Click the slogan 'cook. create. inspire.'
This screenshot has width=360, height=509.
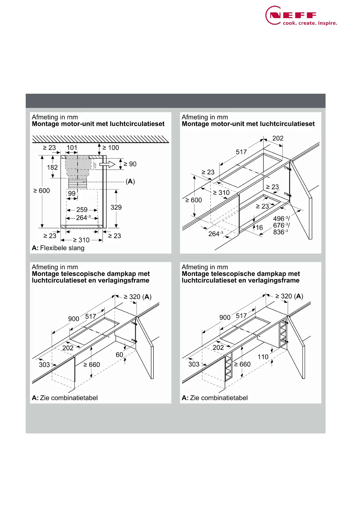pos(310,23)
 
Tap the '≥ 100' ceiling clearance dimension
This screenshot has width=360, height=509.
pos(111,148)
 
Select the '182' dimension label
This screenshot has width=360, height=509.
pos(52,167)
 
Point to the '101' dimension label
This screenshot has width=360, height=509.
pos(72,148)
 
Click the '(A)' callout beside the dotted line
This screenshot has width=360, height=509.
pos(130,181)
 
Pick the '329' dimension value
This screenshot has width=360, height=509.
pos(116,207)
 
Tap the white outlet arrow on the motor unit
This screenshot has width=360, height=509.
pos(108,164)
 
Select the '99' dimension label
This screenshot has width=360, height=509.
pos(72,193)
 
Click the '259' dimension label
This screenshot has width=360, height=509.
pos(82,210)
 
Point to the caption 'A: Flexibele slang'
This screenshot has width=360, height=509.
pos(58,248)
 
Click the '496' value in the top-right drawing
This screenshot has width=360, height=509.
pos(279,219)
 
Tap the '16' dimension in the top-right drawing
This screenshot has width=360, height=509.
pos(259,228)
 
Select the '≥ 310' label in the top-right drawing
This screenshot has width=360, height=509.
pos(221,193)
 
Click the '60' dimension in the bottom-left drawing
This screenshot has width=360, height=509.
pos(119,355)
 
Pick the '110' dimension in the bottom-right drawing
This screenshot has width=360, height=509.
pos(263,357)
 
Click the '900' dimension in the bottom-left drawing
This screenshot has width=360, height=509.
pos(73,319)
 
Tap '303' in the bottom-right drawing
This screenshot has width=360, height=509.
pos(194,365)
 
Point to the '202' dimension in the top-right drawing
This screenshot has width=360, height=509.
pos(278,138)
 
